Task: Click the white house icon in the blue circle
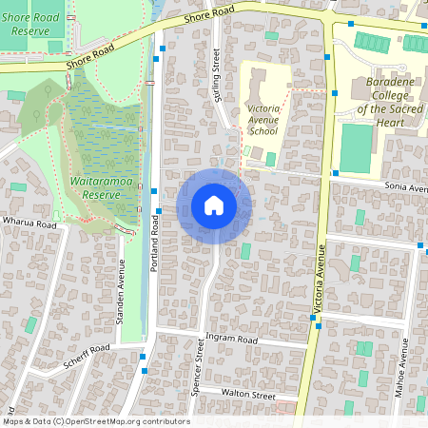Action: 214,205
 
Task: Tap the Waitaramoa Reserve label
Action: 95,186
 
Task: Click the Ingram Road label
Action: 232,339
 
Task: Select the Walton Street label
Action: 247,394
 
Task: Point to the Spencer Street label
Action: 200,370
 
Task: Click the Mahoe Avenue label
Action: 406,385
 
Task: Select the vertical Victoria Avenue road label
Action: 321,280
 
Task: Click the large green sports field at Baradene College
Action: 357,149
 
